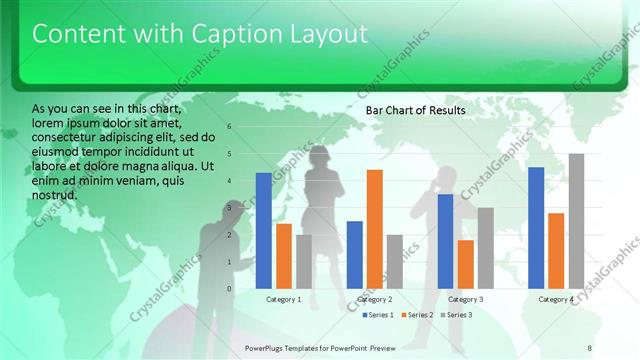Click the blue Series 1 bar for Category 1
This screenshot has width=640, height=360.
click(264, 230)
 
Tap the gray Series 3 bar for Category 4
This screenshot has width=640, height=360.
click(576, 221)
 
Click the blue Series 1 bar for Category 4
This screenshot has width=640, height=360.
click(536, 227)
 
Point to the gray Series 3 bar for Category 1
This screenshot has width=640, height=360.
click(304, 261)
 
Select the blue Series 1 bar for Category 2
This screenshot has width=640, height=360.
click(355, 254)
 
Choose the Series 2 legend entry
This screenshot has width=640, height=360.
click(416, 315)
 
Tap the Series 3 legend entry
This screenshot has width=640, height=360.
click(457, 315)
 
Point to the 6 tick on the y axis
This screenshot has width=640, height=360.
click(230, 127)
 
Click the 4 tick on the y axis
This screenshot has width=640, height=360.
click(230, 181)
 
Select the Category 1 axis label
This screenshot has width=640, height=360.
click(284, 299)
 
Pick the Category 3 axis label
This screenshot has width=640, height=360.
click(466, 299)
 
